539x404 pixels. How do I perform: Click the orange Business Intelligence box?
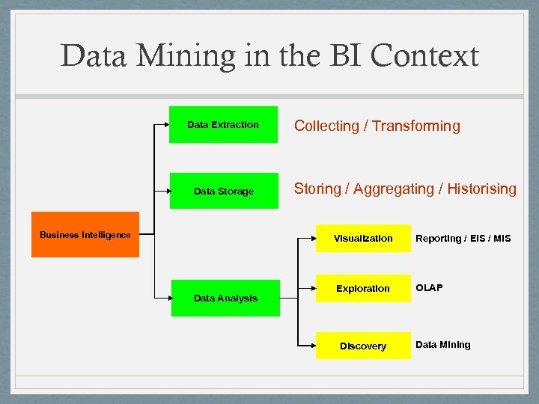pyautogui.click(x=85, y=235)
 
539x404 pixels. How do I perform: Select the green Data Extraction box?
pyautogui.click(x=224, y=124)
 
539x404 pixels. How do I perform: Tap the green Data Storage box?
pyautogui.click(x=224, y=191)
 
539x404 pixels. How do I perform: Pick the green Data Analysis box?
pyautogui.click(x=225, y=298)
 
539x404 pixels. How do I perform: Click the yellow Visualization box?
pyautogui.click(x=363, y=238)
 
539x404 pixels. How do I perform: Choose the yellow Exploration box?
pyautogui.click(x=363, y=288)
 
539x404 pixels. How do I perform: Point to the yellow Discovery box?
pyautogui.click(x=363, y=346)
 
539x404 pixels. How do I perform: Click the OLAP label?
pyautogui.click(x=429, y=287)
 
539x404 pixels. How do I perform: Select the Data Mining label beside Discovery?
pyautogui.click(x=443, y=345)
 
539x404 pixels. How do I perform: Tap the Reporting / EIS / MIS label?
pyautogui.click(x=463, y=238)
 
